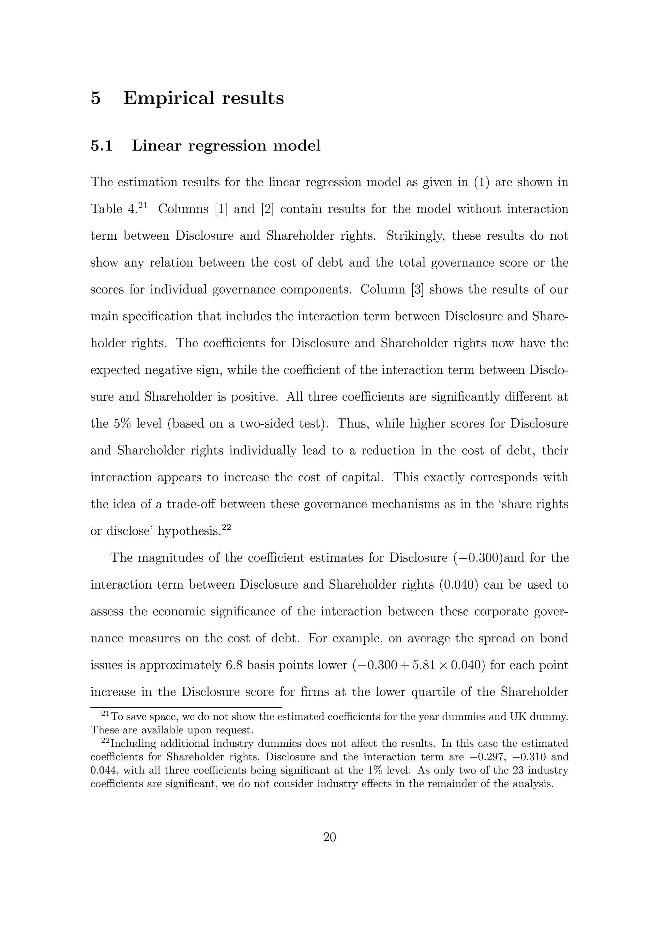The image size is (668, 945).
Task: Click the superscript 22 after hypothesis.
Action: (x=226, y=527)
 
